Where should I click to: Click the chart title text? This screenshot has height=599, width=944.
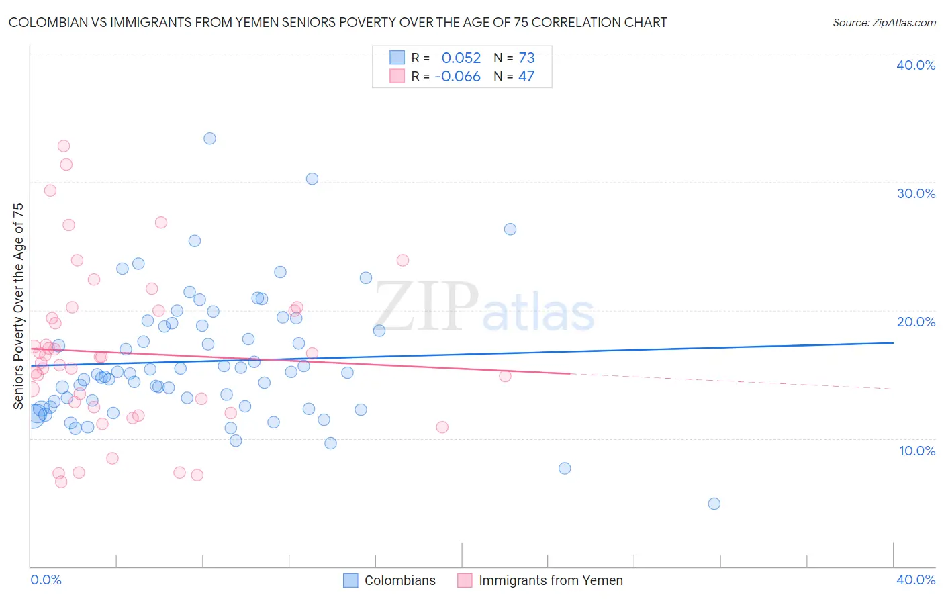[338, 23]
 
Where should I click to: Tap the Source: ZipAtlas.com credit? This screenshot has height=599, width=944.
[884, 23]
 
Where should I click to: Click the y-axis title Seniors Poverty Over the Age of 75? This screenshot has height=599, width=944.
[18, 306]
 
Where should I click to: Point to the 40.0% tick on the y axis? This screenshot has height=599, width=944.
[915, 65]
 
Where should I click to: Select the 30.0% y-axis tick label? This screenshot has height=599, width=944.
[915, 193]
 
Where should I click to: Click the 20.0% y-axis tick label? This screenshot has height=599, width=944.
[915, 322]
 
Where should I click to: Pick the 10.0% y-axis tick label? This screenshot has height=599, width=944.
[916, 451]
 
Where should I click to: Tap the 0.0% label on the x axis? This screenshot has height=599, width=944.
[46, 580]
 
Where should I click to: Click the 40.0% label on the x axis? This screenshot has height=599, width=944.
[915, 580]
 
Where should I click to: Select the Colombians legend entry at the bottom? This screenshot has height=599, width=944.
[390, 580]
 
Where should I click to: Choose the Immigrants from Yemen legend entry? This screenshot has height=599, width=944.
[540, 580]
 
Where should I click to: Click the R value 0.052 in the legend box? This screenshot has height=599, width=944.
[461, 58]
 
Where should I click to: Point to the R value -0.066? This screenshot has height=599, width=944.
[458, 77]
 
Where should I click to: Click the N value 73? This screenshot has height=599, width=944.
[526, 58]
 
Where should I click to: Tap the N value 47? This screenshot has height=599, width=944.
[526, 77]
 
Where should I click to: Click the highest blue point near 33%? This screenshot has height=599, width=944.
[209, 138]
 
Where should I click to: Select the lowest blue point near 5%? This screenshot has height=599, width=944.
[714, 504]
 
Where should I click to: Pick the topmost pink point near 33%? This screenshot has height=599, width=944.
[64, 146]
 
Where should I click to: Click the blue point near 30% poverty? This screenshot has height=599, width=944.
[312, 179]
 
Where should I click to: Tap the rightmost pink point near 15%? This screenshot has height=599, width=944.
[505, 376]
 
